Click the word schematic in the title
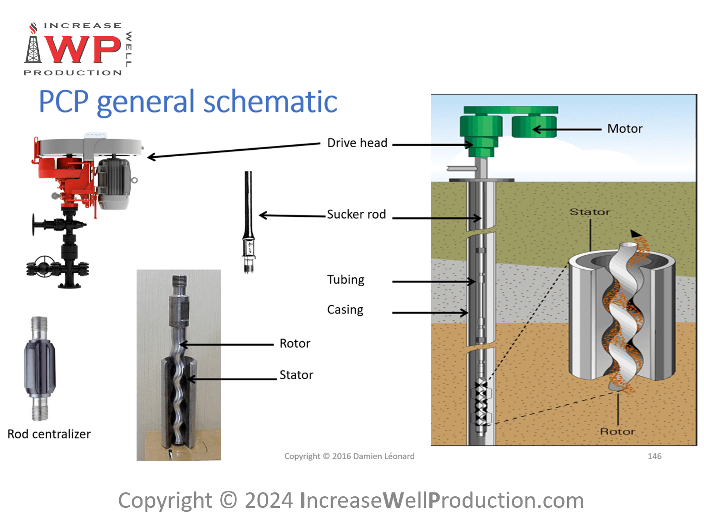[x=270, y=102]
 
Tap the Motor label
[x=625, y=128]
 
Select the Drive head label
[x=357, y=143]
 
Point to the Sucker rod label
[x=356, y=215]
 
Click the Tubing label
[x=346, y=280]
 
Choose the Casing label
[x=345, y=310]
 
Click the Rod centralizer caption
[x=49, y=434]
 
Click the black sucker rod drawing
[x=248, y=221]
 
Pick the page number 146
[x=654, y=456]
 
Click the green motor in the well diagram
[x=534, y=126]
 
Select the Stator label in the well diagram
[x=590, y=212]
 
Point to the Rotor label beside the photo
[x=295, y=344]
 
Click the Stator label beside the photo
[x=296, y=375]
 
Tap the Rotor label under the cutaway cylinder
[x=617, y=431]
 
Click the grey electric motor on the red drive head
[x=114, y=183]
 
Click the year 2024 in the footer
[x=269, y=500]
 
